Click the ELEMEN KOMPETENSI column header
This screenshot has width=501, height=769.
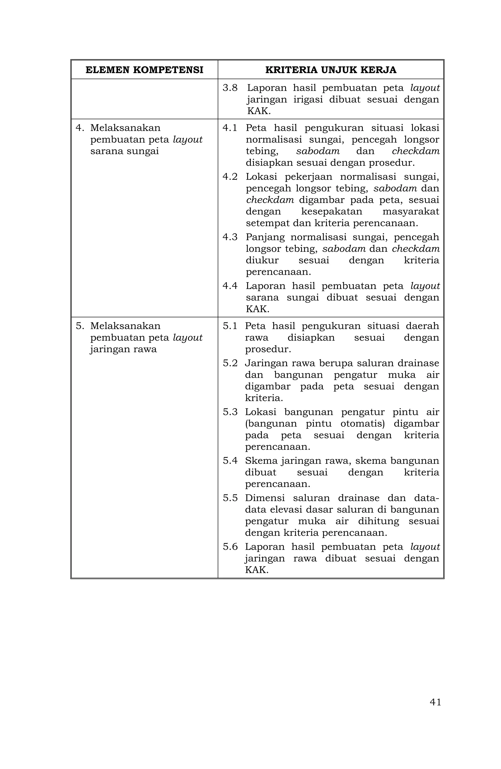144,70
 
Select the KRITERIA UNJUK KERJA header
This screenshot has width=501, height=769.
330,70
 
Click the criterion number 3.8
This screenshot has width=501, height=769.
230,88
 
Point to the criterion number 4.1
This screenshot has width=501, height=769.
230,128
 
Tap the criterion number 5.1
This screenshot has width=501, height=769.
230,326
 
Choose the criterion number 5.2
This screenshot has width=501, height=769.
230,363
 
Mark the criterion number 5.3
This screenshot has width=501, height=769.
230,412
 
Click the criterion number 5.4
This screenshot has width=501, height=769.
230,460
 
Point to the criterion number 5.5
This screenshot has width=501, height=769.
230,498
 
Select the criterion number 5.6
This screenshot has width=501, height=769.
230,547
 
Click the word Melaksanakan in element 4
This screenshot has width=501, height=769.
125,128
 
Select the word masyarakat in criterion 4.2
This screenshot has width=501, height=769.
410,212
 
